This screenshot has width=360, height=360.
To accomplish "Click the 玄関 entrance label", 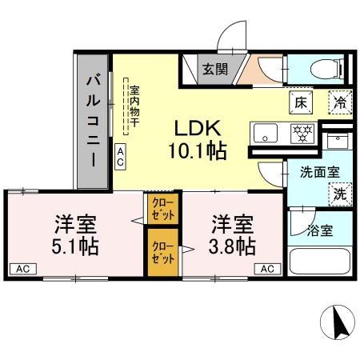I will (x=213, y=70).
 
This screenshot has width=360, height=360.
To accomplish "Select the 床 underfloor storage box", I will (x=301, y=102).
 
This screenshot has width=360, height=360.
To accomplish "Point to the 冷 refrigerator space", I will (x=340, y=102).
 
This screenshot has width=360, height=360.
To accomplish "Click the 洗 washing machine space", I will (x=339, y=193).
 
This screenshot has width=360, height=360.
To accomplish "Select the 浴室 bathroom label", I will (x=322, y=230).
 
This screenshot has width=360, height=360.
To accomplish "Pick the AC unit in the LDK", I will (x=120, y=157).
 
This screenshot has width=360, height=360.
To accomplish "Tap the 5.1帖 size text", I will (x=77, y=244).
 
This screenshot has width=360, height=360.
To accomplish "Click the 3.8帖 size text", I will (x=234, y=244).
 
